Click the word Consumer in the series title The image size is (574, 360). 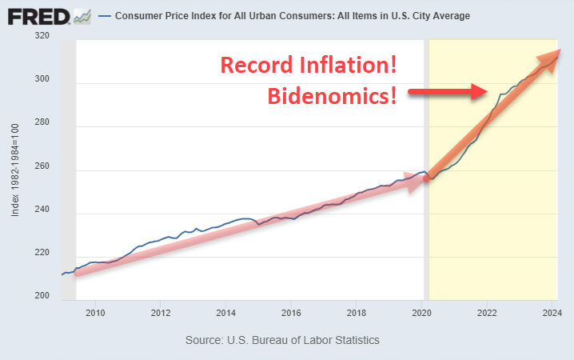pos(139,16)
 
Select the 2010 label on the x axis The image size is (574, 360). pos(95,312)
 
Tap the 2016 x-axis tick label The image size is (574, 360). pos(292,312)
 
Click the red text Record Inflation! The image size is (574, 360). pos(309,65)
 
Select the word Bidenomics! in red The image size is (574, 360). pos(332,96)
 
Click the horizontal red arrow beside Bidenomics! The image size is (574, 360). pos(448,92)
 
